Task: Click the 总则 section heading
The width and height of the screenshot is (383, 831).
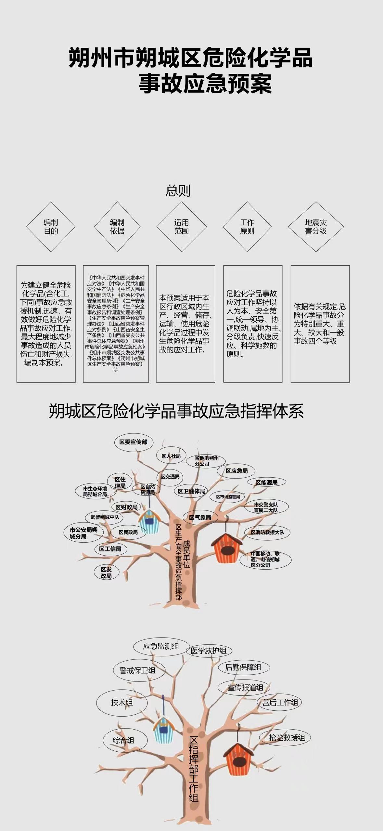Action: click(178, 191)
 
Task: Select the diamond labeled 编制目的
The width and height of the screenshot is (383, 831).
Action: click(51, 227)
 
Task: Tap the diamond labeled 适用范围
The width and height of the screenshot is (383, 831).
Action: click(182, 227)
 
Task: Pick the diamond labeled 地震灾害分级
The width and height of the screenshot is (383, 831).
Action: click(316, 227)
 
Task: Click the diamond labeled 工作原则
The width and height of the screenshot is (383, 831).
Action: click(247, 227)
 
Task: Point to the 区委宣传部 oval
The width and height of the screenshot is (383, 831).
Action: click(134, 442)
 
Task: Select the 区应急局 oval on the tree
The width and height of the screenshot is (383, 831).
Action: click(236, 471)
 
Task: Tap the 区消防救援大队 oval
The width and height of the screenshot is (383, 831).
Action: click(267, 532)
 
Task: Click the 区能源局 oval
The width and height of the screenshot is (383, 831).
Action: click(266, 483)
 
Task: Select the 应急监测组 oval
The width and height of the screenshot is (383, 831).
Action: click(161, 646)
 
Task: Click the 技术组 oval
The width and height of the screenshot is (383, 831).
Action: click(122, 703)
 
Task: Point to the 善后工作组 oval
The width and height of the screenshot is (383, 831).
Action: click(280, 703)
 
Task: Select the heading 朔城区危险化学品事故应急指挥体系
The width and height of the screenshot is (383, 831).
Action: click(176, 411)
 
